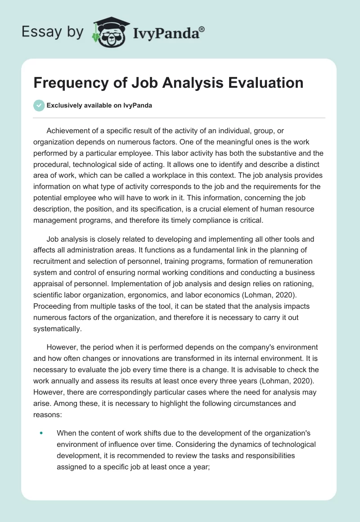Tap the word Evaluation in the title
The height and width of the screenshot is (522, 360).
262,83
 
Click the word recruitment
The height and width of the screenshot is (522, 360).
54,261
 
